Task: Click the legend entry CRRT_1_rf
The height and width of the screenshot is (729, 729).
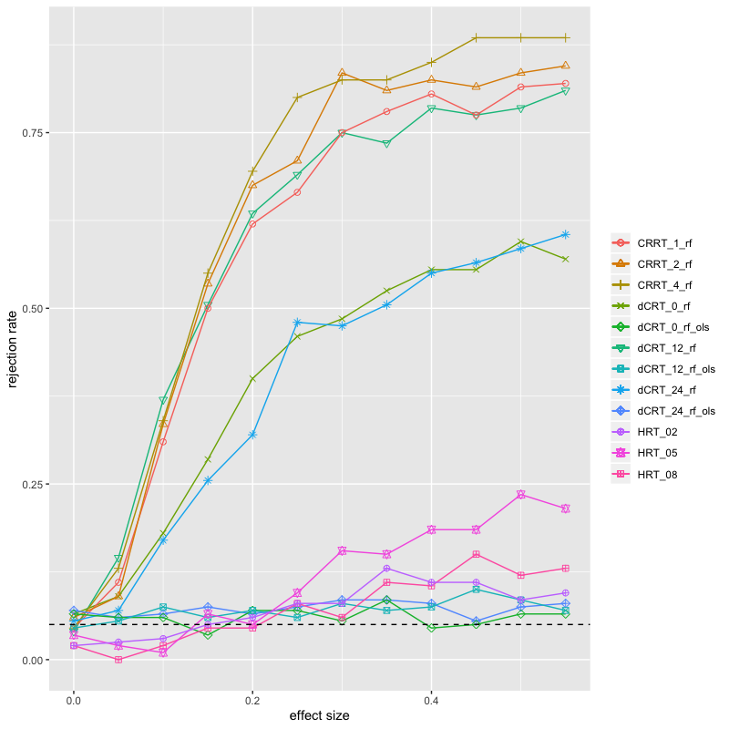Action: (x=664, y=243)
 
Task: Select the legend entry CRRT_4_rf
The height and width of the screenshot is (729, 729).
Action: (x=664, y=285)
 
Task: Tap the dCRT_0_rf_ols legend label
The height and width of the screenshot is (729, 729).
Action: (x=673, y=327)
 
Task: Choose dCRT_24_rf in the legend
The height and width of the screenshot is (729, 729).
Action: (x=667, y=390)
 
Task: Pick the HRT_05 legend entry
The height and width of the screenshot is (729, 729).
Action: (x=657, y=453)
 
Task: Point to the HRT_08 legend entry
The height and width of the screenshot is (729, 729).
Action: (x=657, y=475)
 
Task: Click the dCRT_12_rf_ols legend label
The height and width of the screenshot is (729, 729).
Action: (x=676, y=369)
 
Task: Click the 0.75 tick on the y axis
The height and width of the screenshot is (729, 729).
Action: (x=33, y=133)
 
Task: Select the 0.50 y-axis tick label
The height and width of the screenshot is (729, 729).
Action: (x=33, y=309)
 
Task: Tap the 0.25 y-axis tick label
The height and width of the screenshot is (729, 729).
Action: (x=33, y=485)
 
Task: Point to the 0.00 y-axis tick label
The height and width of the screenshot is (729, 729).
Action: (x=33, y=660)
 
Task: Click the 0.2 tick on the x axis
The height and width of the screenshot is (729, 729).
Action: (x=252, y=700)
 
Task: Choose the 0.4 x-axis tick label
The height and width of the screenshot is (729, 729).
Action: (x=431, y=700)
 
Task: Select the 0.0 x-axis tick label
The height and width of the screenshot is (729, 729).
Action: (x=74, y=700)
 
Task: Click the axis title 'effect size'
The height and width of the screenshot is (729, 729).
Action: (x=320, y=715)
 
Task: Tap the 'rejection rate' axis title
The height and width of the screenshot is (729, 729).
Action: (x=12, y=349)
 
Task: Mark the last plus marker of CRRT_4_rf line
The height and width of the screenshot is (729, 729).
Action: (x=565, y=37)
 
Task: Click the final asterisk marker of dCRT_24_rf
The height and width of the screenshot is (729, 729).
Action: (x=565, y=235)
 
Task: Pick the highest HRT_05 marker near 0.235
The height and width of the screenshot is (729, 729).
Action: (x=520, y=495)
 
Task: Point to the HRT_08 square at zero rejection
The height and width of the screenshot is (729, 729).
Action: (x=118, y=660)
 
